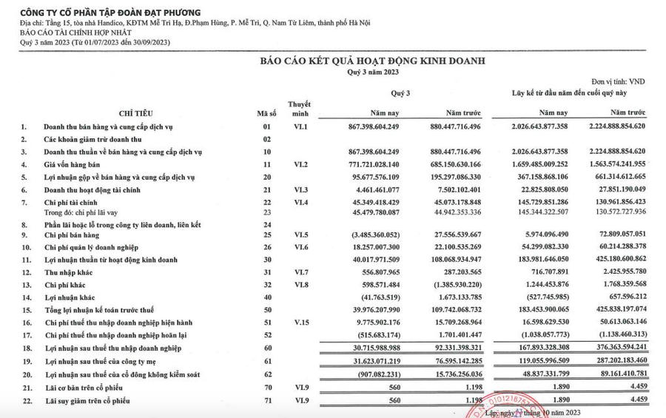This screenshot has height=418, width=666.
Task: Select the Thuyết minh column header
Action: (299, 109)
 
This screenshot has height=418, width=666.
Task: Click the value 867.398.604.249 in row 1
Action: (379, 127)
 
